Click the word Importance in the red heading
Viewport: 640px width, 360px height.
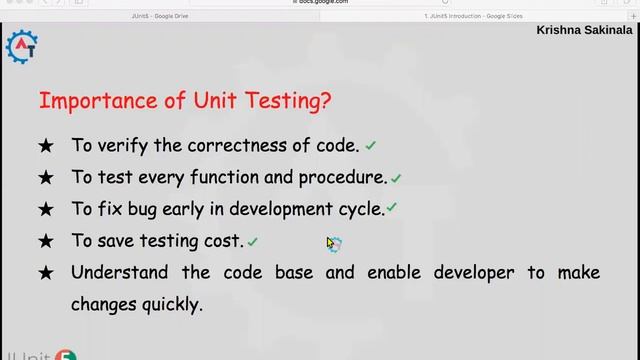coord(85,101)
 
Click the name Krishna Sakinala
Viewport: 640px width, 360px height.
coord(584,30)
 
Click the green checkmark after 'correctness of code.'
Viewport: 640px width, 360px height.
coord(371,146)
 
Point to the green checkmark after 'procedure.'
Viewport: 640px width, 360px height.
coord(396,179)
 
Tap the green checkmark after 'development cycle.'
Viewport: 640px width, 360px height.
coord(392,209)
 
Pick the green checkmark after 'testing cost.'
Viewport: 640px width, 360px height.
coord(253,242)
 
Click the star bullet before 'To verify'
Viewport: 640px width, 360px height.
coord(45,146)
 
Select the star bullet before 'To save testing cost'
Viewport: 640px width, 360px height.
coord(45,241)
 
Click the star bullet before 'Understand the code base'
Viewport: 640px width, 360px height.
coord(45,272)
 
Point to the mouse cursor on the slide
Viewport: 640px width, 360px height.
coord(331,243)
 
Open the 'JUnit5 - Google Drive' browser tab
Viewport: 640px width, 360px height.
coord(160,17)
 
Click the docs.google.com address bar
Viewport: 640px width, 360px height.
coord(320,3)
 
